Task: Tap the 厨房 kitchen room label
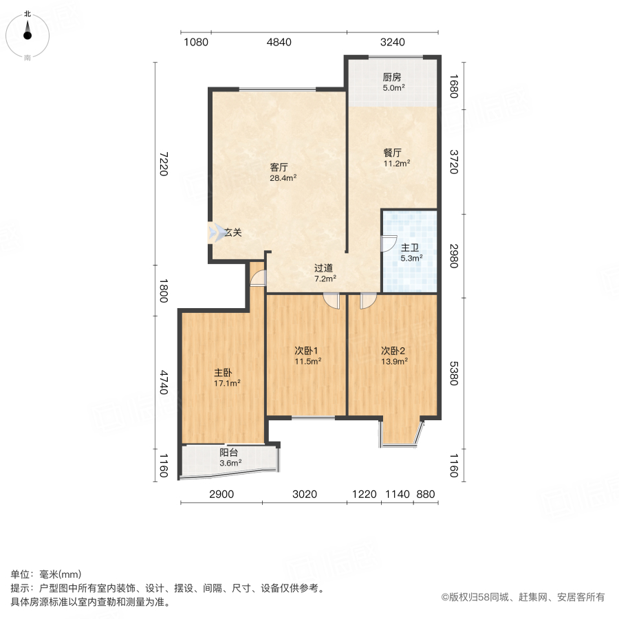tap(392, 77)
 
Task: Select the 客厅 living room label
tap(279, 167)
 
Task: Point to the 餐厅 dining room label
tap(393, 153)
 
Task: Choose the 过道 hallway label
tap(324, 268)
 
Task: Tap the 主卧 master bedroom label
tap(222, 373)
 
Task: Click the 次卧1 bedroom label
tap(307, 350)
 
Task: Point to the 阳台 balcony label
tap(229, 453)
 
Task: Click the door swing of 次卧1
tap(332, 301)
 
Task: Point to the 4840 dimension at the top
tap(279, 42)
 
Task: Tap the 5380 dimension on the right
tap(453, 373)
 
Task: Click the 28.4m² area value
tap(283, 177)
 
